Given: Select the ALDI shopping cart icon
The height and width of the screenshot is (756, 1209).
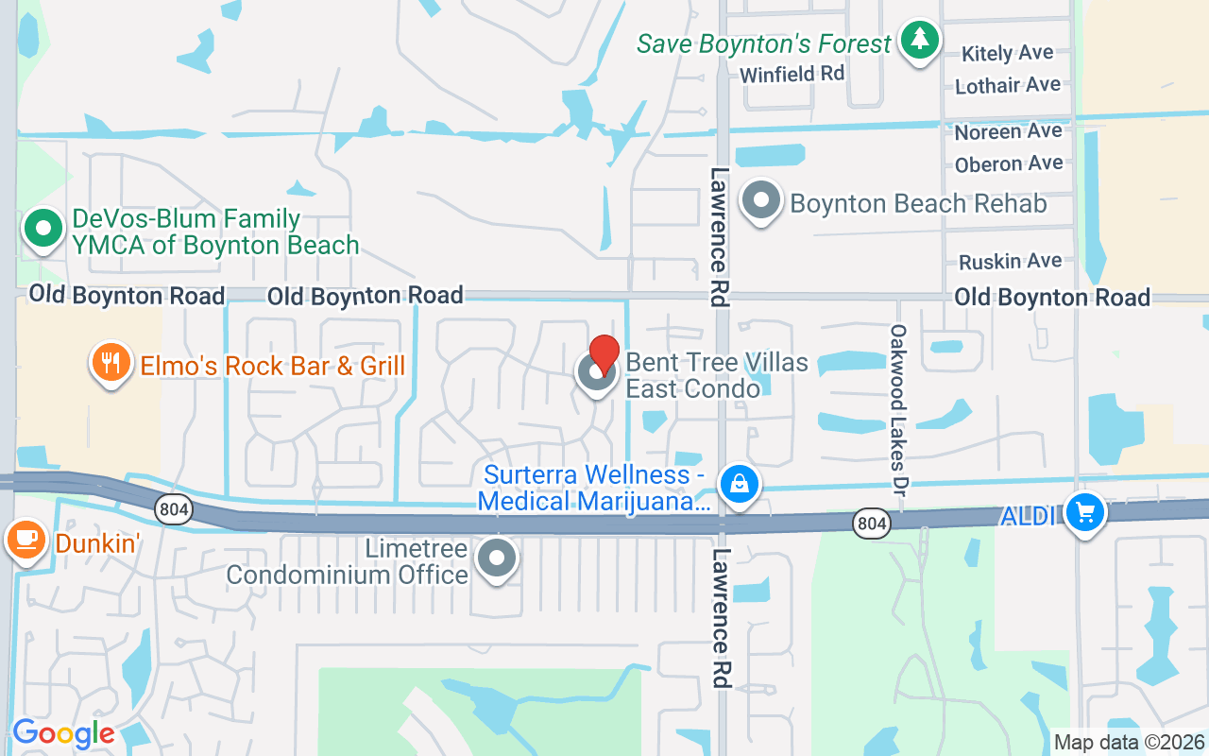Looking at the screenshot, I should click(x=1085, y=513).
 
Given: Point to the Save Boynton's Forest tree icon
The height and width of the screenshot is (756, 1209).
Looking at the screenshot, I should click(x=919, y=41).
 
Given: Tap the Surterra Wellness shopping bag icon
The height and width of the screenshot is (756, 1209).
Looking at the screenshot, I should click(x=739, y=484).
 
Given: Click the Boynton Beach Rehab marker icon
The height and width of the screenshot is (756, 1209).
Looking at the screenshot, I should click(x=761, y=200).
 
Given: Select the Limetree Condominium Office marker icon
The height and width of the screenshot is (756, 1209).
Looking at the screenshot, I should click(x=497, y=558).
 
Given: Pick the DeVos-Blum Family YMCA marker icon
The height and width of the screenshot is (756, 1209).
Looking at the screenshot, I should click(x=43, y=230).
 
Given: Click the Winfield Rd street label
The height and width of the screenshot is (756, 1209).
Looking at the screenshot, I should click(x=792, y=74).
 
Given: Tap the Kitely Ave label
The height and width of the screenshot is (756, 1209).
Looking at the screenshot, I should click(x=1007, y=53).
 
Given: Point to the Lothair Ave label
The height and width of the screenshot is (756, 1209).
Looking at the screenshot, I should click(x=1008, y=85).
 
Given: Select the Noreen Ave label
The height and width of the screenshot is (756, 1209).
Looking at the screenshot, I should click(x=1008, y=131).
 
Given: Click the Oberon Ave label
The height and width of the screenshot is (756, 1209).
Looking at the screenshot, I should click(x=1009, y=163).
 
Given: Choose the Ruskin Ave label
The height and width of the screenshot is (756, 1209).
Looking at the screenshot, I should click(x=1010, y=261).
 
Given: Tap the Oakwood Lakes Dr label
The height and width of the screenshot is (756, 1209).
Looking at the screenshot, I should click(x=898, y=411).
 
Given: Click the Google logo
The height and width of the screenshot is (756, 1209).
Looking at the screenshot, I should click(x=63, y=733).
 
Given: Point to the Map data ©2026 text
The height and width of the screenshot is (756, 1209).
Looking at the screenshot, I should click(x=1130, y=742).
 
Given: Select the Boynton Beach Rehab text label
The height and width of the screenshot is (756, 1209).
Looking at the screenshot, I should click(x=918, y=203).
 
